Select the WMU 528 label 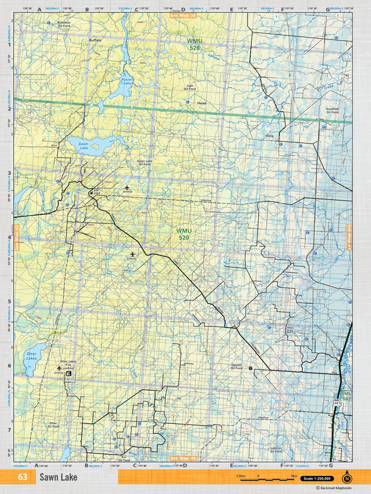pyautogui.click(x=194, y=44)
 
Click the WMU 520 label pyautogui.click(x=184, y=234)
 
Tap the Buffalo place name pyautogui.click(x=95, y=40)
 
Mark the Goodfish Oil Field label pyautogui.click(x=332, y=110)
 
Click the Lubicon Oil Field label pyautogui.click(x=275, y=449)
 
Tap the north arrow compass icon pyautogui.click(x=347, y=478)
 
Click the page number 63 pyautogui.click(x=23, y=478)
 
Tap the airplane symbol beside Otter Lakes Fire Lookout pyautogui.click(x=59, y=367)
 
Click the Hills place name pyautogui.click(x=269, y=136)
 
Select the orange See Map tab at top pyautogui.click(x=183, y=15)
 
